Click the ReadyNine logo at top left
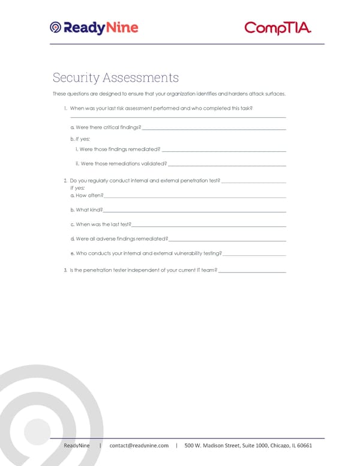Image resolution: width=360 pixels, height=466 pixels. point(94,28)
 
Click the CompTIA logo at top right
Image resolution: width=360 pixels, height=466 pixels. point(278,28)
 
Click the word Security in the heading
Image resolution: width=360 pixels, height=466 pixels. point(76,78)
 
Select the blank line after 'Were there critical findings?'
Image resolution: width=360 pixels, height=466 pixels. point(214,129)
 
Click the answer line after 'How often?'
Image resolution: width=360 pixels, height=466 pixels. point(194,197)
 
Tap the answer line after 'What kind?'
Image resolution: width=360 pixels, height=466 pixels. point(194,211)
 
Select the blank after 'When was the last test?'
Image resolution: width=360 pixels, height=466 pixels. point(208,226)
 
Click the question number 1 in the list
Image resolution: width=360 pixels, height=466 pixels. point(65,109)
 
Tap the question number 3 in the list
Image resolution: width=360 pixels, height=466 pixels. point(65,271)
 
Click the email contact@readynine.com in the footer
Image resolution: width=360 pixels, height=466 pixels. point(139,446)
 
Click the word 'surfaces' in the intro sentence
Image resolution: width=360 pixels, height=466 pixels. point(274,94)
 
